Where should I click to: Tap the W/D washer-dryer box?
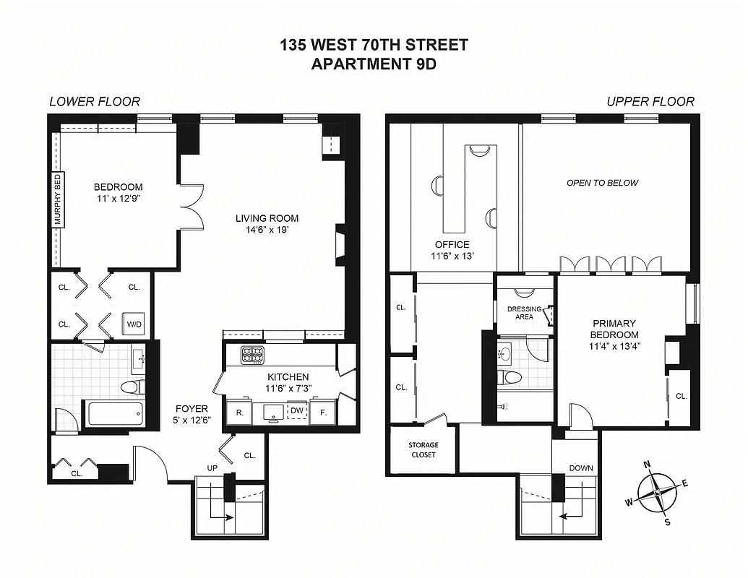click(134, 324)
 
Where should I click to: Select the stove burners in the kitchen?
click(252, 354)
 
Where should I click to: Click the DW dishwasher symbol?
click(296, 412)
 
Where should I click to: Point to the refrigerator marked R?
click(238, 413)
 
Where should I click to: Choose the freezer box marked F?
click(322, 413)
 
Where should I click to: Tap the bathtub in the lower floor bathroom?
click(115, 415)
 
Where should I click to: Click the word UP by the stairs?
click(212, 468)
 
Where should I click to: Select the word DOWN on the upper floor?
click(580, 468)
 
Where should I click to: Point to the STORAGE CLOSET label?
click(423, 449)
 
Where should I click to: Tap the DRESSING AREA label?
click(524, 313)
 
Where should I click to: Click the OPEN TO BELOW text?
click(602, 183)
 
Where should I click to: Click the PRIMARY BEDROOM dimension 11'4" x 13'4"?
click(614, 346)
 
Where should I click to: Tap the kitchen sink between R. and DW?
click(272, 412)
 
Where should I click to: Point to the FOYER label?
click(191, 408)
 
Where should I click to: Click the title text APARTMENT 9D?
click(374, 64)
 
